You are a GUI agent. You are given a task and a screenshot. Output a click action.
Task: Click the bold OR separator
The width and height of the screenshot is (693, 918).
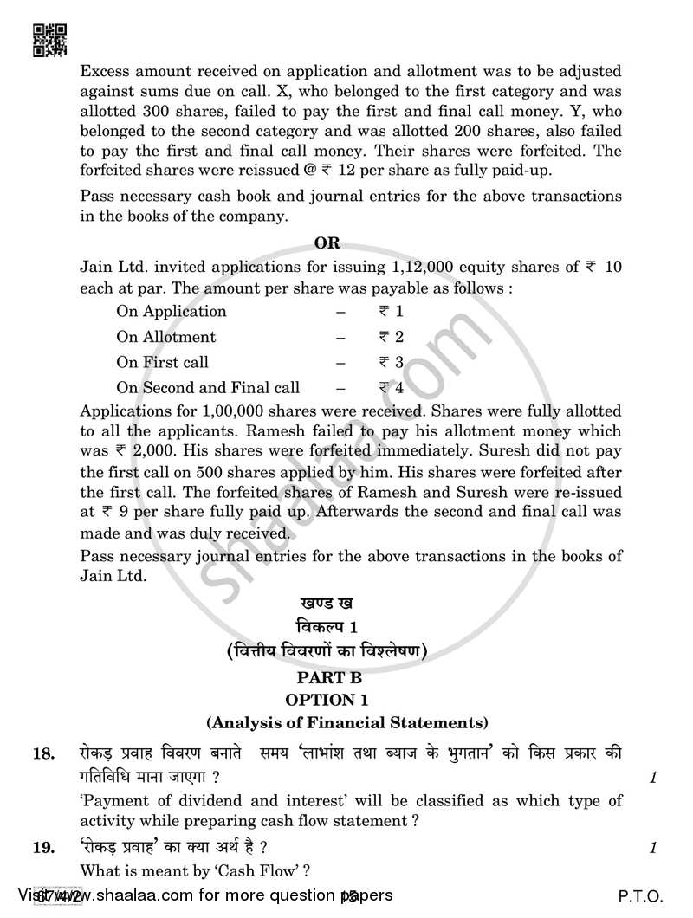coord(328,243)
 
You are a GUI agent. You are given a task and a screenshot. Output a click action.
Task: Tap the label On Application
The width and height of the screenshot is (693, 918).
coord(172,311)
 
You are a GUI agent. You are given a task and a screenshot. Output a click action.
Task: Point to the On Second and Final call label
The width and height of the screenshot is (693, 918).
coord(208,388)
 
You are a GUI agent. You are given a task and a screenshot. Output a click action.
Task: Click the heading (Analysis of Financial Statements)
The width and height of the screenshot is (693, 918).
coord(346,721)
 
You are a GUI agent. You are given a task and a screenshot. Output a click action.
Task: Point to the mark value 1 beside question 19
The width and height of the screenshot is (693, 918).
coord(652,849)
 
